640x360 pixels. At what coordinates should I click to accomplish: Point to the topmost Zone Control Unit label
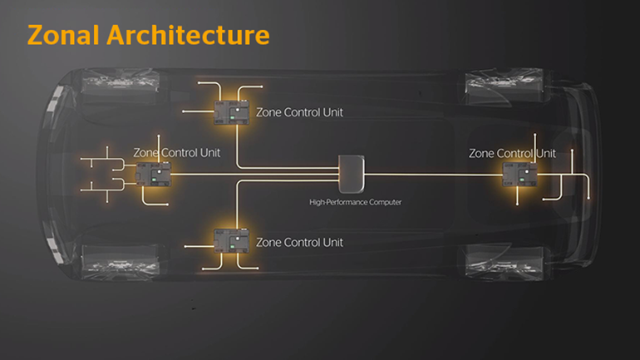click(299, 111)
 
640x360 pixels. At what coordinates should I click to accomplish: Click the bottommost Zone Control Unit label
click(299, 242)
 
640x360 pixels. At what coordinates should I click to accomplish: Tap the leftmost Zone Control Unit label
click(177, 153)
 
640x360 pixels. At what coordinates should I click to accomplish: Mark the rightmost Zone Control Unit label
click(512, 153)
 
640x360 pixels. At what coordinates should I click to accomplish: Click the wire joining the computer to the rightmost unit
click(432, 175)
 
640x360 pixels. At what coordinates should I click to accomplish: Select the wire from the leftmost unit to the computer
click(249, 175)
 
